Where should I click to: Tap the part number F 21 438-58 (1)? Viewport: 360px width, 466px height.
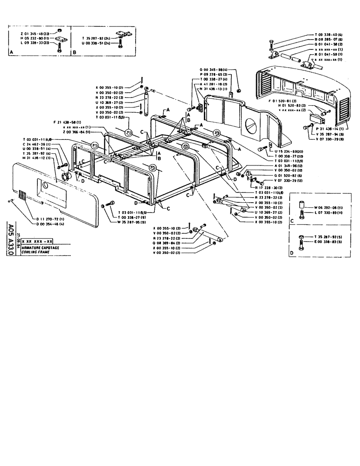click(70, 122)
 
